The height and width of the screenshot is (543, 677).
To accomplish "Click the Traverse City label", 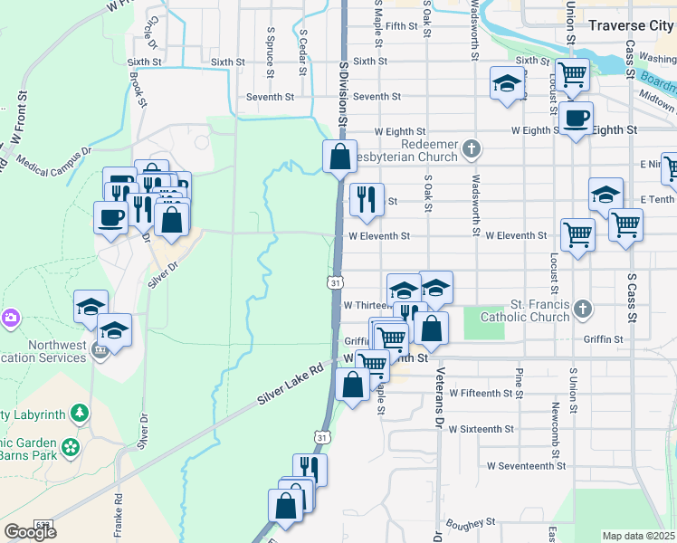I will click(630, 25).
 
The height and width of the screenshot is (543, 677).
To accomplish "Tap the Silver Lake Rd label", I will click(291, 385).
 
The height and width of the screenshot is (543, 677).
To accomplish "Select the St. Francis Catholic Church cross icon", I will click(583, 310).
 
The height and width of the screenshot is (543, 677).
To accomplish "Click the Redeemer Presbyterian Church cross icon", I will click(470, 148).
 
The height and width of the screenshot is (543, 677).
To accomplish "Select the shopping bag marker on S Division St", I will click(339, 157).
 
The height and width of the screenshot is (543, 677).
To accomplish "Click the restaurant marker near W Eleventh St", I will click(367, 199).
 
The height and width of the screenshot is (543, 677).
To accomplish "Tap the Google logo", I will click(30, 532).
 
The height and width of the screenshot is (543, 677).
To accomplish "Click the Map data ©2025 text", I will click(639, 536).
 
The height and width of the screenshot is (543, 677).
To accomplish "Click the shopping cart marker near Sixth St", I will click(572, 75).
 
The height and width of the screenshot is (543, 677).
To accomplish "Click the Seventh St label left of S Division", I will click(271, 97).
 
